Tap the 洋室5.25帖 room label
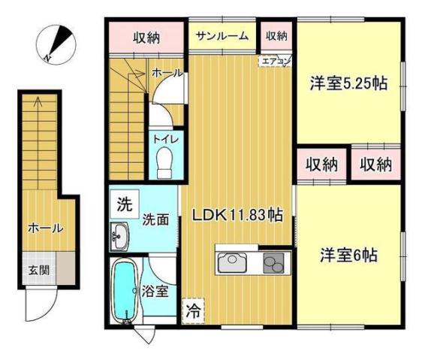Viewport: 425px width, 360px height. click(349, 84)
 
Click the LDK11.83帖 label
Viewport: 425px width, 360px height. click(237, 215)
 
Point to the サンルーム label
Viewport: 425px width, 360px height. click(223, 36)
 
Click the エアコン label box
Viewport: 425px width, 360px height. click(273, 59)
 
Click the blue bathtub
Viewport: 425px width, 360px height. click(122, 291)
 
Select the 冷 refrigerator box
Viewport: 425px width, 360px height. click(192, 308)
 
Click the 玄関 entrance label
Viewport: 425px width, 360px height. click(38, 269)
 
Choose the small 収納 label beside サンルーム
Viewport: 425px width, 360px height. click(276, 35)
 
